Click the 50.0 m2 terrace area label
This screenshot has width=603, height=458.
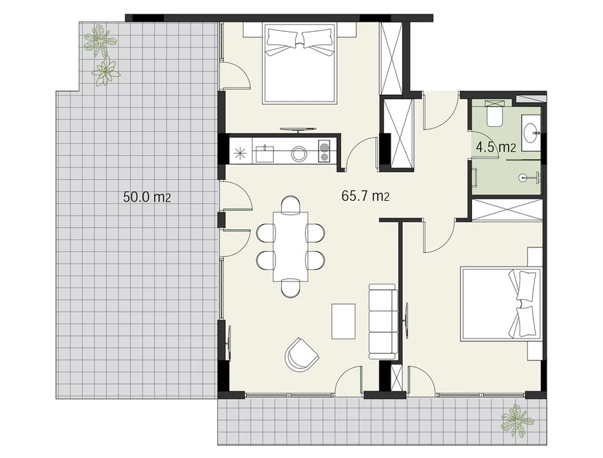[x=147, y=197]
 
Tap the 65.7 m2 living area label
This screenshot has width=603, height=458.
[x=366, y=195]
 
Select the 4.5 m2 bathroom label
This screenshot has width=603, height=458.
[x=496, y=147]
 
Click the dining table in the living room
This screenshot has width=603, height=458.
[x=291, y=246]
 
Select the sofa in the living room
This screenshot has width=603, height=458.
[x=383, y=322]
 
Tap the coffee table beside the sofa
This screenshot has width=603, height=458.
[x=343, y=321]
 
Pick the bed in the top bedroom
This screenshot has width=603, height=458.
[x=300, y=64]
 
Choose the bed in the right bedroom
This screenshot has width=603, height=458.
[x=501, y=305]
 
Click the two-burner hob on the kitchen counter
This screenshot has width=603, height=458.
[x=324, y=151]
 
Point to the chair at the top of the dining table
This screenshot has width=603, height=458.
[x=291, y=204]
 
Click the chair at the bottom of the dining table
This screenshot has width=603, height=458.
[x=291, y=288]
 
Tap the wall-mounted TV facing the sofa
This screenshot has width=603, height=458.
[x=406, y=321]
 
